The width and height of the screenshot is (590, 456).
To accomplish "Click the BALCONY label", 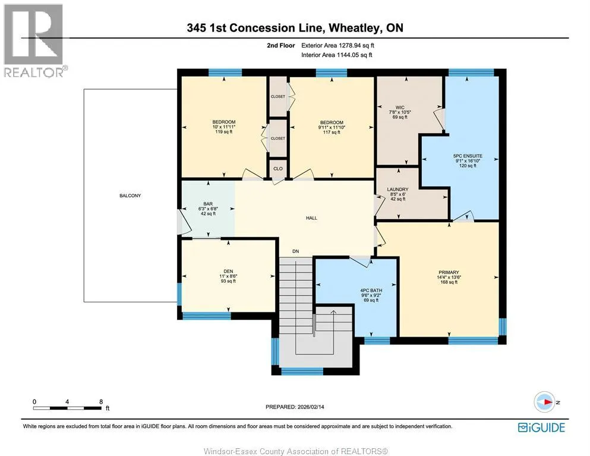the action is pos(130,195).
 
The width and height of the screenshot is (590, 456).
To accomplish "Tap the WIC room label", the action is pos(400,107).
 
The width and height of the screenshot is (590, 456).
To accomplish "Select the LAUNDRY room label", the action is pos(397,189).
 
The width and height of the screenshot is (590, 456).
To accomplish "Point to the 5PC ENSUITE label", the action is pos(468,156).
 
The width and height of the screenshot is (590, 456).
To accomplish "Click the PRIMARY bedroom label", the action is pos(449,272).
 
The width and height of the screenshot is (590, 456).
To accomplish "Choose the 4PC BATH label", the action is pos(371,290).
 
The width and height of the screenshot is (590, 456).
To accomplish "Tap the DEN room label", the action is pos(228,271).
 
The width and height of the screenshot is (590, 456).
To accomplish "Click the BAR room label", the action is pos(208,204).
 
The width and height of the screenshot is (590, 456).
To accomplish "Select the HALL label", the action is pos(311,218).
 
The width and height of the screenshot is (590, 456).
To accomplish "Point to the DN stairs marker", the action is pos(296,251).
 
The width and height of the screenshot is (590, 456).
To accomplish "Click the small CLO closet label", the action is pos(278,169).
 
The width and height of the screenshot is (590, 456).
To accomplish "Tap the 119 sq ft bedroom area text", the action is pos(224,132).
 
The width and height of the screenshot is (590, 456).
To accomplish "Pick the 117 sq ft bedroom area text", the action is pos(332,132).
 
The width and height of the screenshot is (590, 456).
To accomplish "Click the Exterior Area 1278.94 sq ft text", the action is pos(337,46).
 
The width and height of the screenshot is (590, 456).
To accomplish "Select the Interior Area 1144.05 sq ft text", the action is pos(337,55).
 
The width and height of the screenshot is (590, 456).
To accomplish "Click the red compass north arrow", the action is pos(548,402).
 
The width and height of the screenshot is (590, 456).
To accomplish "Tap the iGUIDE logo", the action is pos(541,427).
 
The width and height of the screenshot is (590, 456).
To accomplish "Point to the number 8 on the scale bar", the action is pos(101,401).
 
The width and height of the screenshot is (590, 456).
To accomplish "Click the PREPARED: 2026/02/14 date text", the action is pos(295,407).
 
